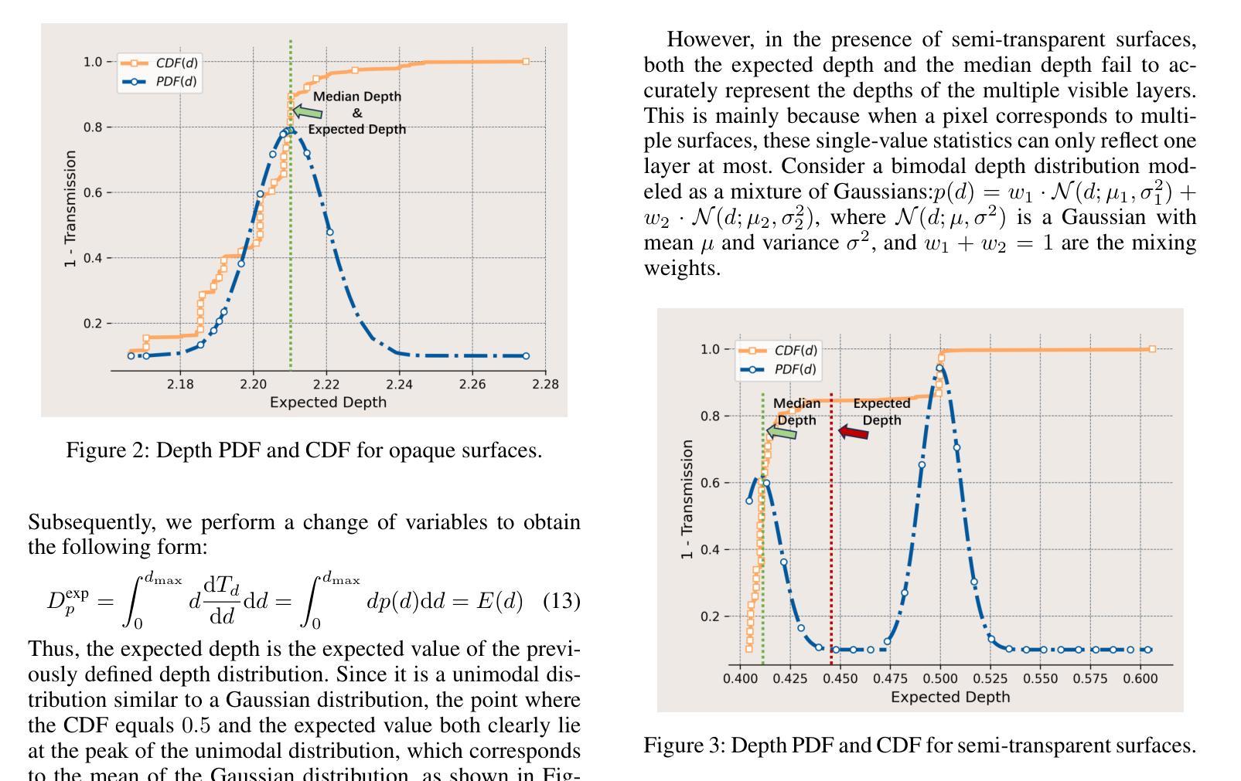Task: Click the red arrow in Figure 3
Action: tap(854, 433)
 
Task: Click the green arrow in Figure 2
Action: tap(308, 112)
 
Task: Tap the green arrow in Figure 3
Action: tap(782, 433)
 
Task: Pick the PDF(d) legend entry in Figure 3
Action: tap(779, 369)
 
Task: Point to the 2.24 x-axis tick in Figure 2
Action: tap(399, 384)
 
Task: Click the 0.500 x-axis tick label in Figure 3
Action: tap(940, 678)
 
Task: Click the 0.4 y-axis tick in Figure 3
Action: tap(711, 549)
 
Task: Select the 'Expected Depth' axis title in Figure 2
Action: tap(328, 402)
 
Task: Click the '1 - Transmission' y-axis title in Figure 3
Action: tap(687, 500)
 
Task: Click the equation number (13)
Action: tap(561, 601)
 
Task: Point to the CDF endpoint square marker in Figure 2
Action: tap(526, 61)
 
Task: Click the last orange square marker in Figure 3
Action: tap(1152, 349)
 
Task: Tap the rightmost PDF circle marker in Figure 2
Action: tap(526, 356)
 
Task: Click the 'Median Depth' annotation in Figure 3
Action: tap(796, 412)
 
